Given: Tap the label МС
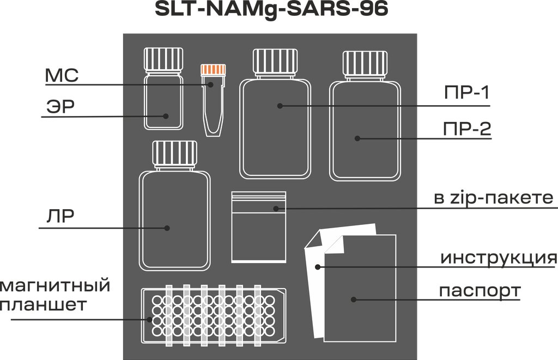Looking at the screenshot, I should click(x=61, y=76).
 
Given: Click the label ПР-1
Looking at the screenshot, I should click(x=466, y=94).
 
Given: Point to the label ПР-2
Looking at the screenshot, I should click(x=466, y=129).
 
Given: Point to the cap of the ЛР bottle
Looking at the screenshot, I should click(x=174, y=154).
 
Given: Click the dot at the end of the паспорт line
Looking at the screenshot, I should click(x=353, y=300).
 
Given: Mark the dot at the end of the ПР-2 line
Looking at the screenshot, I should click(x=357, y=138).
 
